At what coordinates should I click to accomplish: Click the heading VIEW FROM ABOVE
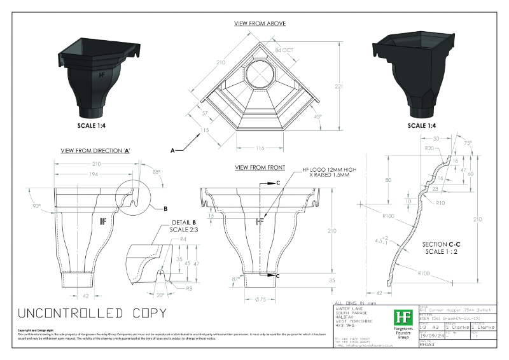point(260,24)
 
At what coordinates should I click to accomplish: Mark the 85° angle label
point(155,170)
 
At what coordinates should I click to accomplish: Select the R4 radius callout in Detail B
point(183,239)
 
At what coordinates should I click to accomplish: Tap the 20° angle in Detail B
point(160,295)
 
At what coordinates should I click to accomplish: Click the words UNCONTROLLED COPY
point(92,313)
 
